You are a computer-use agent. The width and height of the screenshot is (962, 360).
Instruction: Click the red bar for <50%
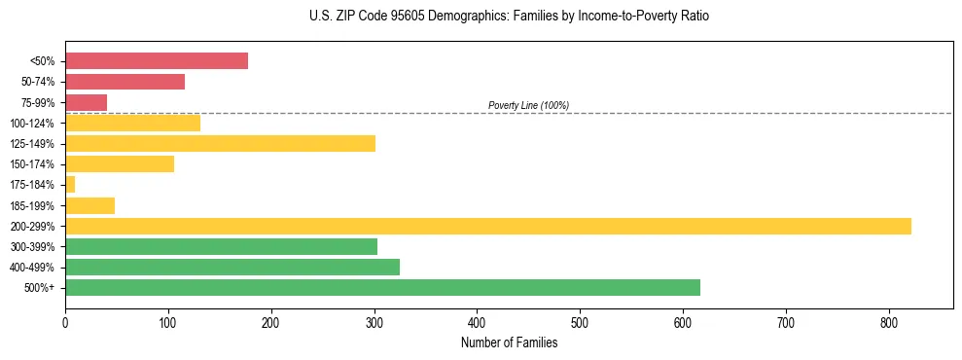pos(156,61)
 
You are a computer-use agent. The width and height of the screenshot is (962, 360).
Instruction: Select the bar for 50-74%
pos(125,82)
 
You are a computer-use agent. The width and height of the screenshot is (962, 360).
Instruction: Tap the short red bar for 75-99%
pos(86,102)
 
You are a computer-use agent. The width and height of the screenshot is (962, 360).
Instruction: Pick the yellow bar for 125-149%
pos(220,144)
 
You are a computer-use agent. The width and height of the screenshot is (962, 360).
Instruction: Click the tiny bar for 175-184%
pos(70,185)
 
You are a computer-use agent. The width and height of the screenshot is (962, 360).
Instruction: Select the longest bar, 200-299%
pos(487,227)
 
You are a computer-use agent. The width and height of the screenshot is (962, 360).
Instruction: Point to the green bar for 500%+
pos(382,288)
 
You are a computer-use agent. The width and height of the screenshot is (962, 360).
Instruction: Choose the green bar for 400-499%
pos(232,268)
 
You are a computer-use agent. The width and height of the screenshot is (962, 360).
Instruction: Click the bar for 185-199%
pos(89,206)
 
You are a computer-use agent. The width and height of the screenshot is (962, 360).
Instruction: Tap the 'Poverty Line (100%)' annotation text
pos(528,105)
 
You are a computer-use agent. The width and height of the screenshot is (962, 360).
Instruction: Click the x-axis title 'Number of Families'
pos(509,342)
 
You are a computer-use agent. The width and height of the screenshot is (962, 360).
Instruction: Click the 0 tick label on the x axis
pos(65,322)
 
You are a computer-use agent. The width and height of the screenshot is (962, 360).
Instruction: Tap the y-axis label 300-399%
pos(33,247)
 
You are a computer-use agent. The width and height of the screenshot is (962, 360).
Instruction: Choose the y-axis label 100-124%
pos(33,124)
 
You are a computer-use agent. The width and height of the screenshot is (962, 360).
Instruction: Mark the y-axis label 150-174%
pos(33,164)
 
